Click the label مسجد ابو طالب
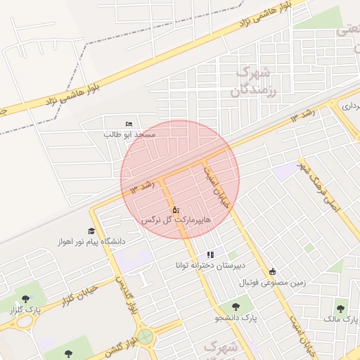point(129,134)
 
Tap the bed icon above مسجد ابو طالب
point(128,124)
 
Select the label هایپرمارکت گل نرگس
point(176,220)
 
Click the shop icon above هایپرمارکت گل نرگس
point(176,210)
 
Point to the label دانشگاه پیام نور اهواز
point(91,242)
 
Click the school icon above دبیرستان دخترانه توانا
point(210,255)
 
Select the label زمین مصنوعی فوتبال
point(274,283)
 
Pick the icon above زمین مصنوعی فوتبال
point(273,272)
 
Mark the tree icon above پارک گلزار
point(26,300)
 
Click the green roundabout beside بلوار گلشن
point(146,337)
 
